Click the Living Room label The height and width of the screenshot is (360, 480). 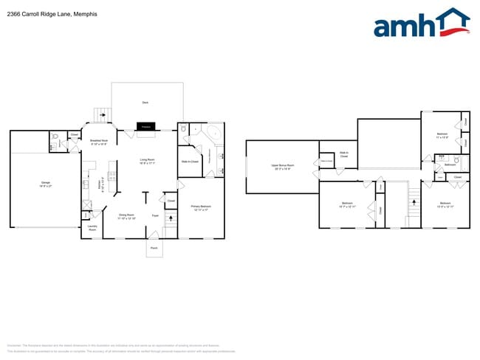click(x=147, y=161)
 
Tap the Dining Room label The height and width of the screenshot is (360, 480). click(x=128, y=216)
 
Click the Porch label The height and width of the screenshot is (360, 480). click(x=154, y=249)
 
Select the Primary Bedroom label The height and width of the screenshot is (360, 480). click(x=201, y=207)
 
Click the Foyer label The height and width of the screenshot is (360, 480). click(x=155, y=215)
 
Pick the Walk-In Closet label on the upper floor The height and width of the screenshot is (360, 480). click(x=344, y=154)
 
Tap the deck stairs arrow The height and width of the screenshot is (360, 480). click(x=102, y=114)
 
